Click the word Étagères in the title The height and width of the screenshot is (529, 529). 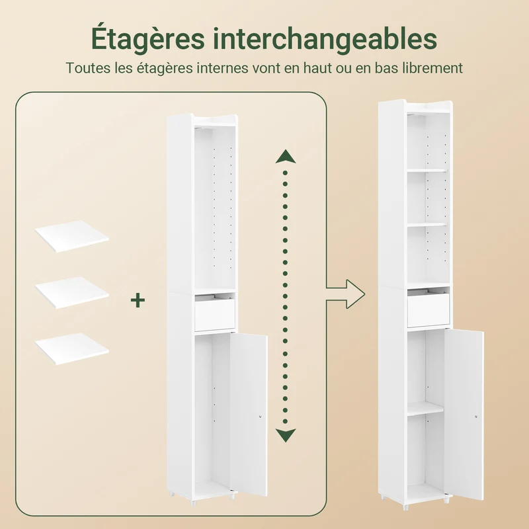pos(147,38)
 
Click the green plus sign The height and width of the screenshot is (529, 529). pos(138,300)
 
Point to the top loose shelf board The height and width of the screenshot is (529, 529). pos(72,236)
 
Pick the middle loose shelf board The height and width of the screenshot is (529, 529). pos(72,292)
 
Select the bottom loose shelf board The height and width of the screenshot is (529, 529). pos(72,348)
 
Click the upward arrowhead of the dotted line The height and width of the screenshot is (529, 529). pos(286,157)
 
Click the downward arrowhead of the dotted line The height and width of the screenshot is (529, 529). pos(286,435)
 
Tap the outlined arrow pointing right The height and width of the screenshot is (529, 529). pos(345,294)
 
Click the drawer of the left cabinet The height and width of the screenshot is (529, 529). pos(214,313)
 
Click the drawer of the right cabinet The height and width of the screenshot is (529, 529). pos(428,310)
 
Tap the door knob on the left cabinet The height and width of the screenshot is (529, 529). pos(261,417)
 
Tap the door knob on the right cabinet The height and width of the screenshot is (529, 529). pos(476,417)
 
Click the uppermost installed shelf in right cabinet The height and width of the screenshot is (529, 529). pos(427,171)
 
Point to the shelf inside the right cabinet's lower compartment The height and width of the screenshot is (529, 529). pos(425,409)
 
